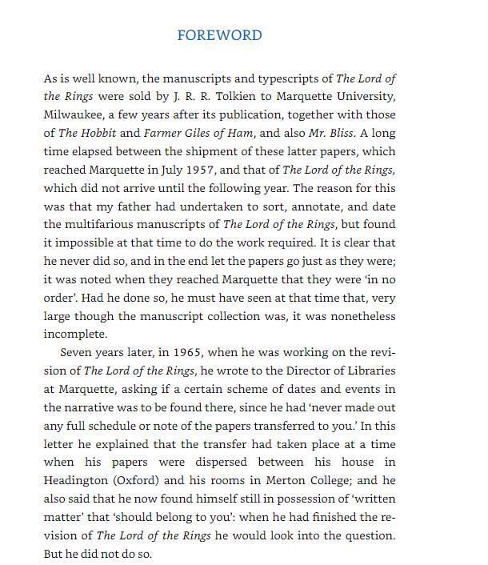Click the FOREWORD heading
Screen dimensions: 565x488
(219, 35)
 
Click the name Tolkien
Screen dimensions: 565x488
(221, 97)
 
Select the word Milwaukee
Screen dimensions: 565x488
(74, 114)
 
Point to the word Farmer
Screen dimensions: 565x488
(163, 133)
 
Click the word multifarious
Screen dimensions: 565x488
(105, 223)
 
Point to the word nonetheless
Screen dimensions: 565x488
(358, 315)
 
